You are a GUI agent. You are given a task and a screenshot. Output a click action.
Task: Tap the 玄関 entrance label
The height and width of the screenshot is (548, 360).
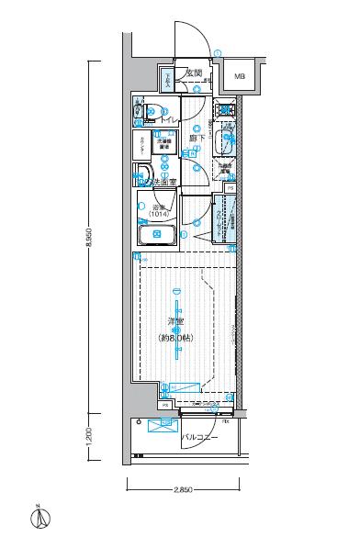tap(194, 73)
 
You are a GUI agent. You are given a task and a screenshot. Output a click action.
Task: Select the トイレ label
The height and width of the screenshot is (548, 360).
tap(168, 119)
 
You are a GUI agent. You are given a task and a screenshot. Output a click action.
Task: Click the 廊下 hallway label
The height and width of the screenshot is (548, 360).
tap(197, 138)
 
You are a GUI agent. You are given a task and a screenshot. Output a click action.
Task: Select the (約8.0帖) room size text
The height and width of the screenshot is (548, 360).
tap(177, 338)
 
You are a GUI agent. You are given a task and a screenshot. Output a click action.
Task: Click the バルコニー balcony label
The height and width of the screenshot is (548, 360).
tap(198, 437)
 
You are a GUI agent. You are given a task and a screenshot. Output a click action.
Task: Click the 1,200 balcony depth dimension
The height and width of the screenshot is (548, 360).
tap(89, 432)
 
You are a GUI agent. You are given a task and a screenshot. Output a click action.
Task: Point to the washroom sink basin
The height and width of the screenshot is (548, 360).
tap(142, 174)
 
